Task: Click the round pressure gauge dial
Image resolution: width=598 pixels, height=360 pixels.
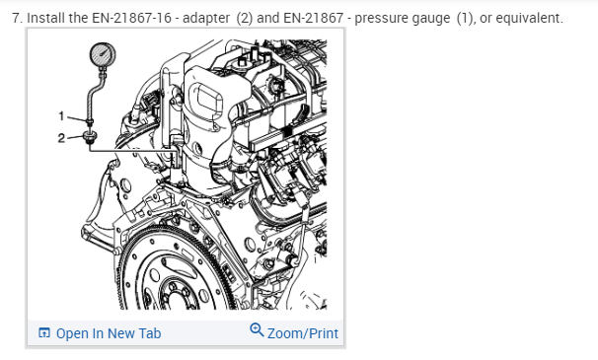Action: pos(103,54)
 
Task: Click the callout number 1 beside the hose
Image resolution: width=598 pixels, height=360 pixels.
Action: pos(61,116)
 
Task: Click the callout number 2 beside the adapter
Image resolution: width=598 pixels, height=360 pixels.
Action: pos(61,138)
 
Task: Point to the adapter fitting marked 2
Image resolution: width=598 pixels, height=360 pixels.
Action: pos(90,137)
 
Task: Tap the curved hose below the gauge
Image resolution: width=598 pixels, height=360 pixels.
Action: pos(94,95)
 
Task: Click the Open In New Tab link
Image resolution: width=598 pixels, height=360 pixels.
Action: pos(109,333)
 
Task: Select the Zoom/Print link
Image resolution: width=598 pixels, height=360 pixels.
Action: pos(302,333)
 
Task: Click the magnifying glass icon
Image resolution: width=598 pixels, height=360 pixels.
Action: pos(257,329)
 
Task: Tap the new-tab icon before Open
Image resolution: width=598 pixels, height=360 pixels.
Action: pos(44,333)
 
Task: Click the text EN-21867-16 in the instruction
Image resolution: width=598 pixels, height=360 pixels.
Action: pos(131,18)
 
